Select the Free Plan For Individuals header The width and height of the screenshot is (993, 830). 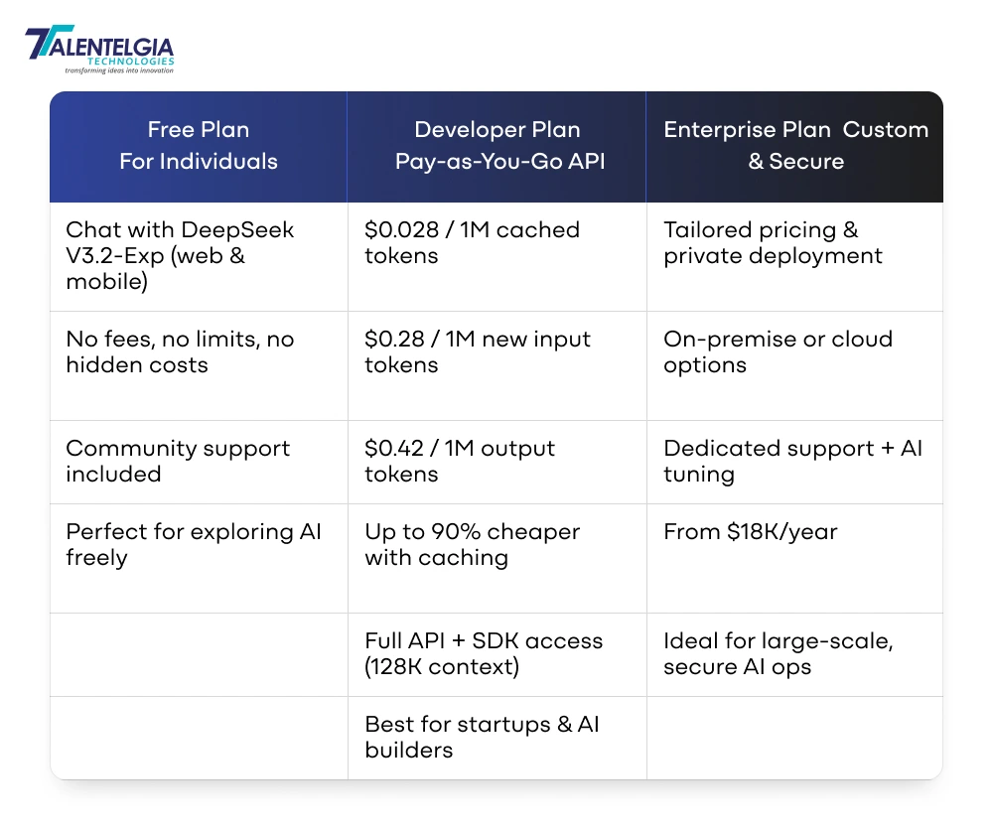pyautogui.click(x=199, y=146)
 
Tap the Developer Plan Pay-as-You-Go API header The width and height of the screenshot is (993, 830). pyautogui.click(x=496, y=146)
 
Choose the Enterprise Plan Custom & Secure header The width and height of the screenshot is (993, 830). pyautogui.click(x=795, y=146)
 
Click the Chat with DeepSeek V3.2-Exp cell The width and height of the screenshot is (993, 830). pyautogui.click(x=180, y=255)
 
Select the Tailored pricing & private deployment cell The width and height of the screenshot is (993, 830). pyautogui.click(x=773, y=243)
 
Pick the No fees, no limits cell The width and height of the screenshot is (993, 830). pyautogui.click(x=180, y=352)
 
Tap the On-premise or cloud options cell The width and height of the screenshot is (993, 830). pyautogui.click(x=778, y=352)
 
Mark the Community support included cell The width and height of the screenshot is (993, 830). pyautogui.click(x=178, y=462)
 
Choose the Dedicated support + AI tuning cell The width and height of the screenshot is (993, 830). pyautogui.click(x=792, y=462)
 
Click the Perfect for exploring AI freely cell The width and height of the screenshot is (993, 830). pyautogui.click(x=194, y=545)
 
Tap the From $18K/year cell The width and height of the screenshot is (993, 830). pyautogui.click(x=750, y=532)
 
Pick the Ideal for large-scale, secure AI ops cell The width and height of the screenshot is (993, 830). pyautogui.click(x=778, y=653)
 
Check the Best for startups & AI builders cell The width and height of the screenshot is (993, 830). pyautogui.click(x=482, y=737)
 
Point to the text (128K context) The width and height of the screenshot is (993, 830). pyautogui.click(x=442, y=666)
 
